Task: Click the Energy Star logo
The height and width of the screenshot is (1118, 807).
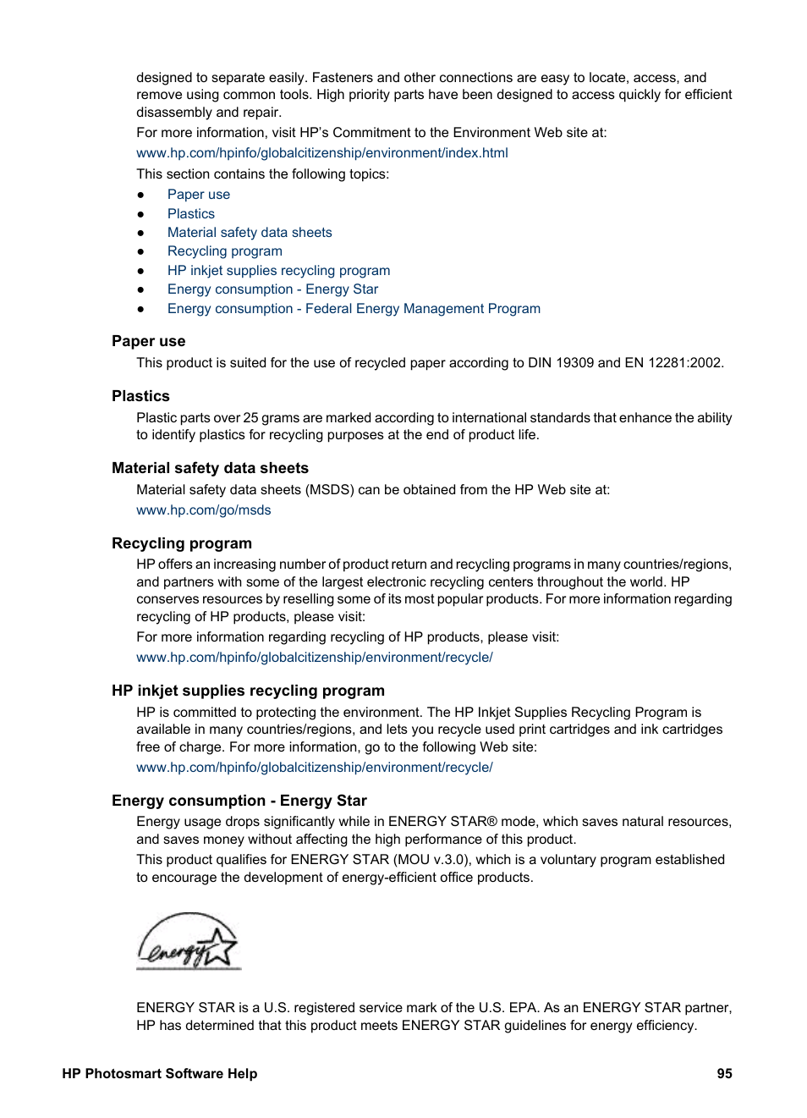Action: point(189,941)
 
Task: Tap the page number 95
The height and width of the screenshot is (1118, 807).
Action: point(724,1073)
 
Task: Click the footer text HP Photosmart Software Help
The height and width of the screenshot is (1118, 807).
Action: point(159,1073)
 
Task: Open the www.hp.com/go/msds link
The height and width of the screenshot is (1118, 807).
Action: point(204,509)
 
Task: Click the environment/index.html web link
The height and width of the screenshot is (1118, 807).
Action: point(321,152)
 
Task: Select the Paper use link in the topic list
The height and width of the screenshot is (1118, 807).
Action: point(199,194)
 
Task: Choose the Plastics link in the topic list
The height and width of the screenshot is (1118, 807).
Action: point(191,213)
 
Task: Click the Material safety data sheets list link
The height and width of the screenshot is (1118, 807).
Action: point(250,232)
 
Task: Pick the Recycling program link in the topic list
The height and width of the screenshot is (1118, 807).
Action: point(225,251)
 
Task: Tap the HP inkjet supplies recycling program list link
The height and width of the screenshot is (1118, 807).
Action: point(278,270)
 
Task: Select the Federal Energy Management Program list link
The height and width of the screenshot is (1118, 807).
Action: point(354,308)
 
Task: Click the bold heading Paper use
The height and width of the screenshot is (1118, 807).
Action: point(149,341)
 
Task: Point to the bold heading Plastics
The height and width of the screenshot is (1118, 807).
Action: point(140,396)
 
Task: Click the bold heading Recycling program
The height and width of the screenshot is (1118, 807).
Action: point(182,543)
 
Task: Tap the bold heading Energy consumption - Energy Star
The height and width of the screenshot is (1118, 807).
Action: point(239,801)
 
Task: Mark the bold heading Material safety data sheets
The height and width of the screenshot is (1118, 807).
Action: point(210,468)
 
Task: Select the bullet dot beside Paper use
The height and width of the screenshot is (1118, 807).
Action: point(141,195)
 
